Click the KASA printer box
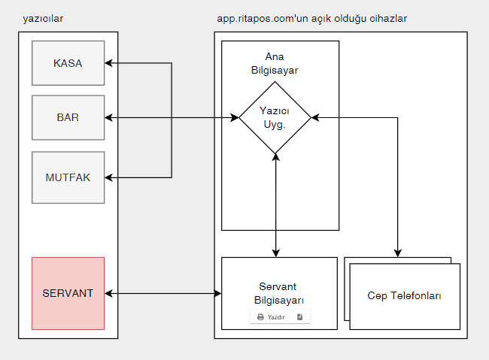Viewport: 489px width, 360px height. coord(68,63)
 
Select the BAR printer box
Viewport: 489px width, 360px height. coord(68,117)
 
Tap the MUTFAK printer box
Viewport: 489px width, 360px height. coord(68,177)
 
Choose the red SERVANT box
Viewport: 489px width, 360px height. coord(68,293)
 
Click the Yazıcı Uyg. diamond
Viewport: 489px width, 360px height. coord(275,117)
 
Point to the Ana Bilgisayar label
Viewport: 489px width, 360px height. coord(275,63)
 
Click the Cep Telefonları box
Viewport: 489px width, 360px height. coord(405,296)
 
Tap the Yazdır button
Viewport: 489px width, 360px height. coord(270,317)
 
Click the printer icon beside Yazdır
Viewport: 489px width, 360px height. coord(260,317)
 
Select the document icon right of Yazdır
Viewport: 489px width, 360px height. coord(299,317)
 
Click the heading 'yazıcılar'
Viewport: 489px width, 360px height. coord(43,19)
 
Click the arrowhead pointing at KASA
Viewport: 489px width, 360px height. coord(108,63)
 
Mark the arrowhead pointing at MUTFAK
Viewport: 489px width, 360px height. coord(108,177)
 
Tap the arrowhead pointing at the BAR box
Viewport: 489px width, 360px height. coord(108,117)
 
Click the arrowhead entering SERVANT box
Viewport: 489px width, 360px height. coord(108,293)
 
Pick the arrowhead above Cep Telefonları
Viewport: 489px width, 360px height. coord(398,253)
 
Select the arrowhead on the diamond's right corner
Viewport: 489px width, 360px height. coord(315,117)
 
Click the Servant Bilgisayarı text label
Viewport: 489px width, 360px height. coord(278,293)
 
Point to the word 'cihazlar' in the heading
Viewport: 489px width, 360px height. coord(388,19)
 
